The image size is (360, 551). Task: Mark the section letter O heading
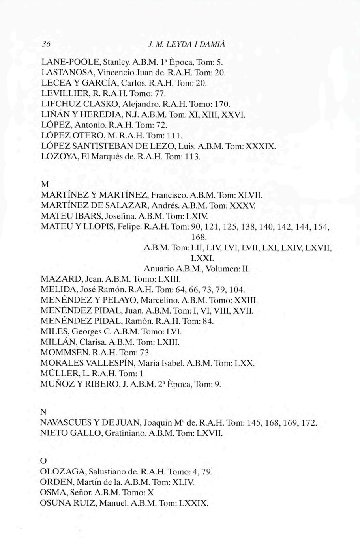tap(44, 461)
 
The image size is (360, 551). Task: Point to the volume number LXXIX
tap(193, 503)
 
